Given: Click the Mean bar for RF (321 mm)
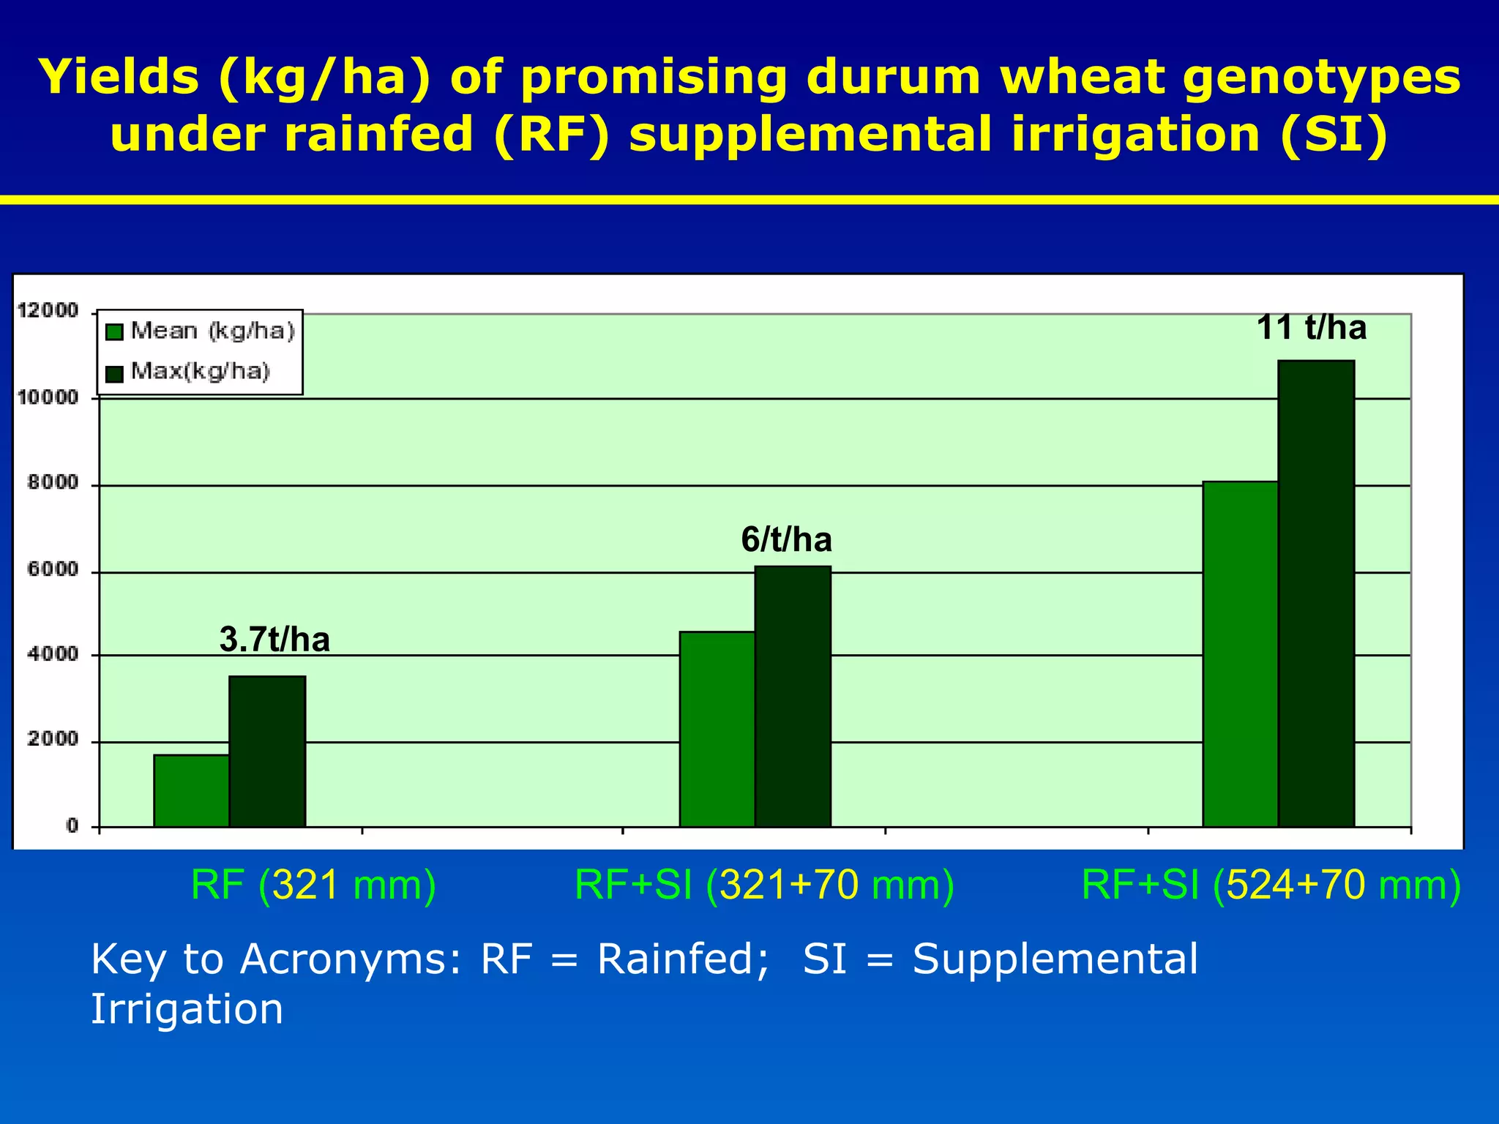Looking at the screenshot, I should pyautogui.click(x=191, y=790).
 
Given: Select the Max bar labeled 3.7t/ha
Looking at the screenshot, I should pyautogui.click(x=267, y=752).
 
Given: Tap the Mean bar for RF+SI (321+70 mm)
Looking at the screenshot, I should pyautogui.click(x=717, y=729).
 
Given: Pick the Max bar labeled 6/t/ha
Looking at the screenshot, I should pyautogui.click(x=793, y=697).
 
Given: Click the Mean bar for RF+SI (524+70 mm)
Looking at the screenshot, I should pyautogui.click(x=1240, y=654).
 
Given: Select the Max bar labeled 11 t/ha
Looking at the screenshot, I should pyautogui.click(x=1316, y=593).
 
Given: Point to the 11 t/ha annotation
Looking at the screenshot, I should pyautogui.click(x=1311, y=327).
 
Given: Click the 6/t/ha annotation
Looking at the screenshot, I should pyautogui.click(x=786, y=540).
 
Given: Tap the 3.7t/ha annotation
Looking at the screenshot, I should pyautogui.click(x=274, y=640).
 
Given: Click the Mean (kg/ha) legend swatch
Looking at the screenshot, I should pyautogui.click(x=114, y=332).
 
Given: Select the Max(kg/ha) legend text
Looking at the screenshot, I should pyautogui.click(x=201, y=372).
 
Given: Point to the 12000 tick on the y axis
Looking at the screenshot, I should pyautogui.click(x=48, y=311).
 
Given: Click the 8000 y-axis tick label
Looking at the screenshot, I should pyautogui.click(x=52, y=483).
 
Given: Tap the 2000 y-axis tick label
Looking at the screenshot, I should pyautogui.click(x=52, y=739).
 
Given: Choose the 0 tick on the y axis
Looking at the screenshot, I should pyautogui.click(x=72, y=826).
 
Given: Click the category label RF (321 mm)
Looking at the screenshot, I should pyautogui.click(x=313, y=885).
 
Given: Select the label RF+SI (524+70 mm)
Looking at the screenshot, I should pyautogui.click(x=1271, y=885).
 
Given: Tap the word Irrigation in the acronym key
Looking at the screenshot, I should pyautogui.click(x=187, y=1009).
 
